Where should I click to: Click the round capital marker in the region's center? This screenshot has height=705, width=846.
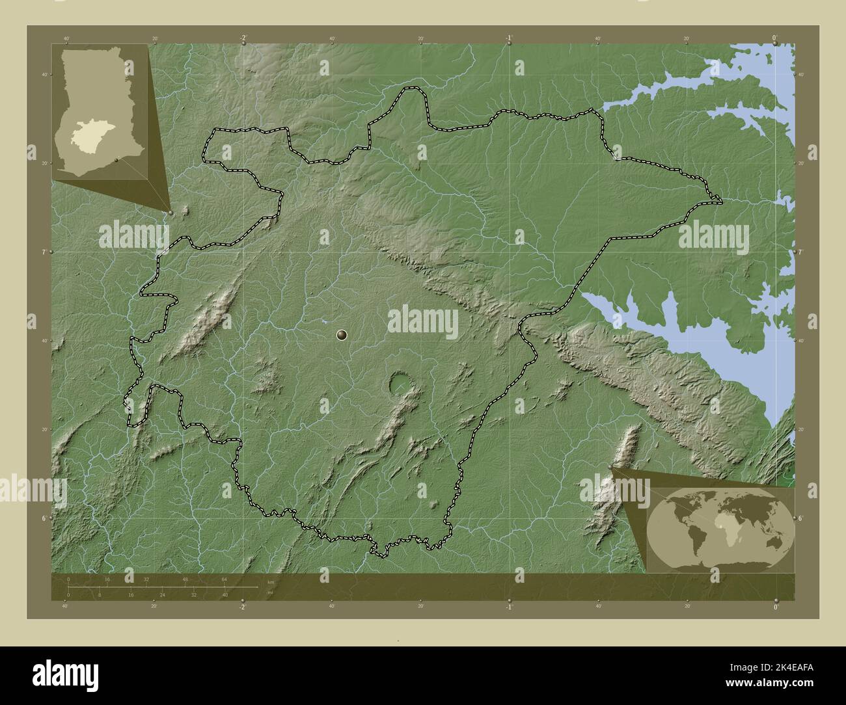point(342,335)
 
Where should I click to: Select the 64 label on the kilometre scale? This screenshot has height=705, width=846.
point(225,579)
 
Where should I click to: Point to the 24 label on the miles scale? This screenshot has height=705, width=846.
point(162,594)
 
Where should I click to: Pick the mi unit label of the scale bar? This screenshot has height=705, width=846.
point(270,592)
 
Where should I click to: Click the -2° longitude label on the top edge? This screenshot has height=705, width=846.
point(243,38)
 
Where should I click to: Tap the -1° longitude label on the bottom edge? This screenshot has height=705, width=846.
point(508,607)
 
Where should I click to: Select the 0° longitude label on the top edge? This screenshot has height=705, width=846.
point(774,38)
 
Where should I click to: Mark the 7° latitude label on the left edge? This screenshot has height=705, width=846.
point(42,252)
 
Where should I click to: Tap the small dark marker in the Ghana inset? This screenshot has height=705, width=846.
point(116,159)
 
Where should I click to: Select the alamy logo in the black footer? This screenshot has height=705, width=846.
point(66,673)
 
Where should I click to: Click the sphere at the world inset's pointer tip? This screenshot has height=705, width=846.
point(610,466)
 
